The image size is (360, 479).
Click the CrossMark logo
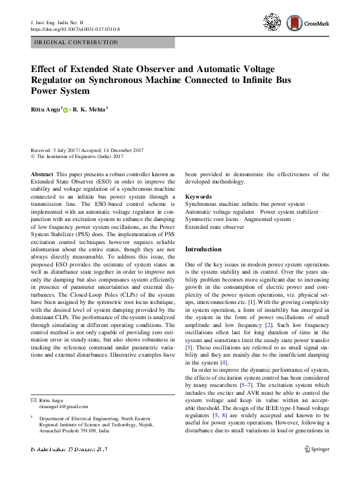pos(307,23)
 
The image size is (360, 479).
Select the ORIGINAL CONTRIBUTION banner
pos(102,43)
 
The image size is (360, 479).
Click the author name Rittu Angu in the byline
pos(45,110)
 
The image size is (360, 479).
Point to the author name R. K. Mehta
pos(90,110)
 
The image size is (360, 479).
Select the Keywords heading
pos(198,197)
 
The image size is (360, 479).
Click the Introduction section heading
pos(203,249)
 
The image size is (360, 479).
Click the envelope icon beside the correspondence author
pos(33,400)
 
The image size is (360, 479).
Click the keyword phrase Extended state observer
pos(214,227)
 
